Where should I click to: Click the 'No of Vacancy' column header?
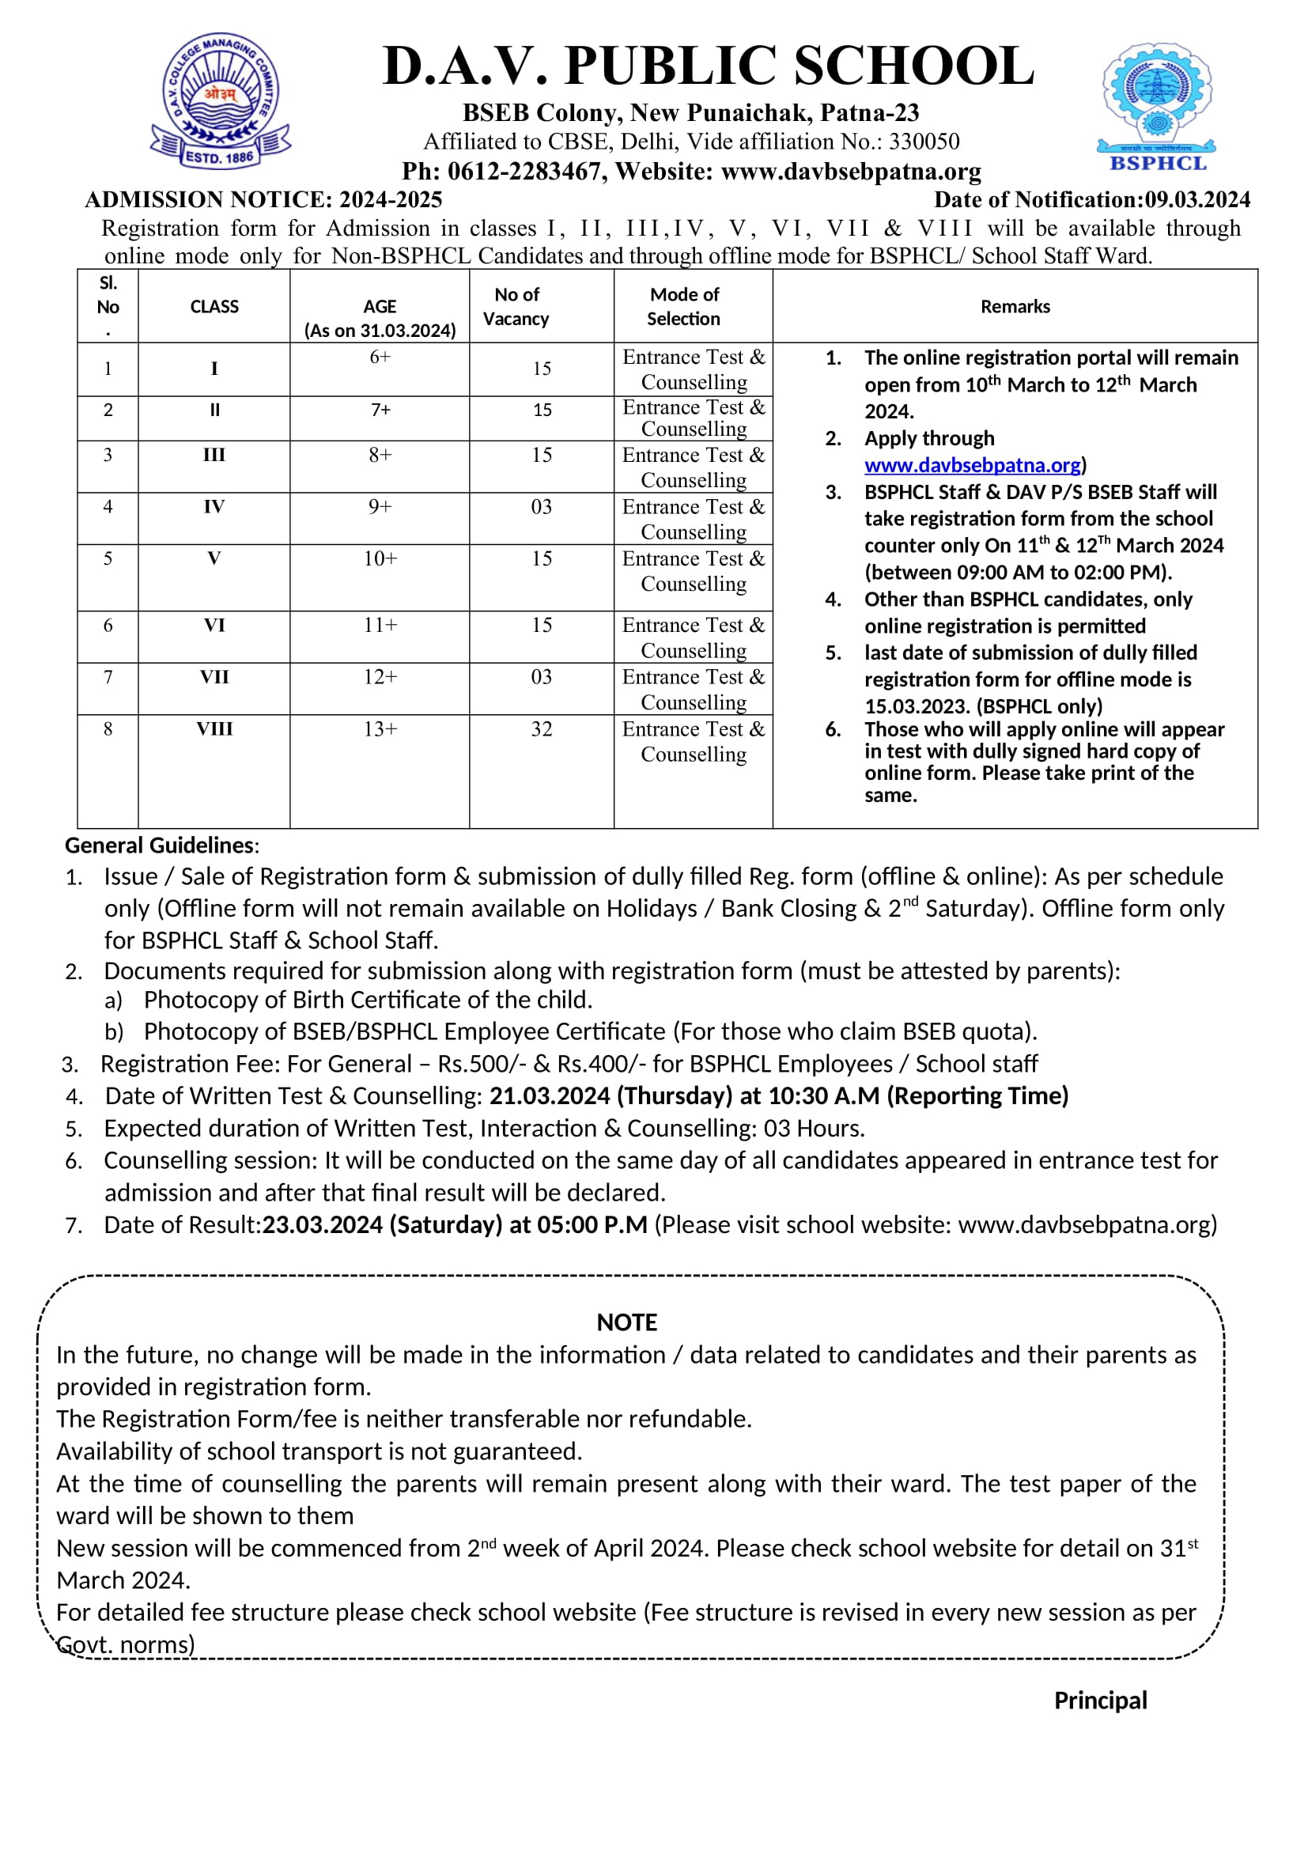(x=516, y=306)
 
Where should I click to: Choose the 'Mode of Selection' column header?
(x=684, y=306)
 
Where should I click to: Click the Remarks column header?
(x=1015, y=306)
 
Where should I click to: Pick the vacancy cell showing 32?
(x=541, y=729)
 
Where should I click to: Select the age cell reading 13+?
(x=380, y=729)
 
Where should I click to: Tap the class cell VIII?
(x=214, y=729)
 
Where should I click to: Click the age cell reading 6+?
(x=380, y=357)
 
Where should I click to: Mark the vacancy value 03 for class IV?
(x=541, y=507)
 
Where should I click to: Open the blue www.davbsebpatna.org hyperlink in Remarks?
(x=972, y=465)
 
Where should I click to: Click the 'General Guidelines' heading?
(x=160, y=846)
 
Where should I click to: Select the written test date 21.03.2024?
(x=550, y=1095)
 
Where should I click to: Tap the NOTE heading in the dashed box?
(x=626, y=1322)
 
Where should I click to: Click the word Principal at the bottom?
(x=1100, y=1701)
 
